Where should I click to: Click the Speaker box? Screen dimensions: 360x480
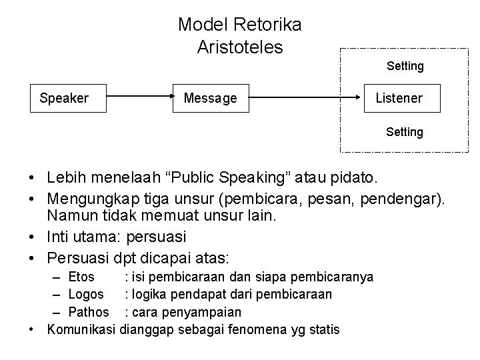pyautogui.click(x=64, y=99)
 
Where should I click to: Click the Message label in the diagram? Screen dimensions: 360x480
pyautogui.click(x=211, y=99)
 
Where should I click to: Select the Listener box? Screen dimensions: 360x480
pyautogui.click(x=399, y=99)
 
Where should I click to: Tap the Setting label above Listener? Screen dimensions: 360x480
pyautogui.click(x=405, y=66)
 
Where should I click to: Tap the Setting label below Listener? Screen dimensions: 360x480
pyautogui.click(x=404, y=132)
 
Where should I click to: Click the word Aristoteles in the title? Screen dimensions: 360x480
pyautogui.click(x=240, y=47)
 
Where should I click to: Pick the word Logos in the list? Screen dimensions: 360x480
pyautogui.click(x=86, y=294)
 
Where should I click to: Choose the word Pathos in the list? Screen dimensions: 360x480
pyautogui.click(x=89, y=312)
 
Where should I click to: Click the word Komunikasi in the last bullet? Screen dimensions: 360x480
pyautogui.click(x=81, y=329)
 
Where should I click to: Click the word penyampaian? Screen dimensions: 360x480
pyautogui.click(x=200, y=312)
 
